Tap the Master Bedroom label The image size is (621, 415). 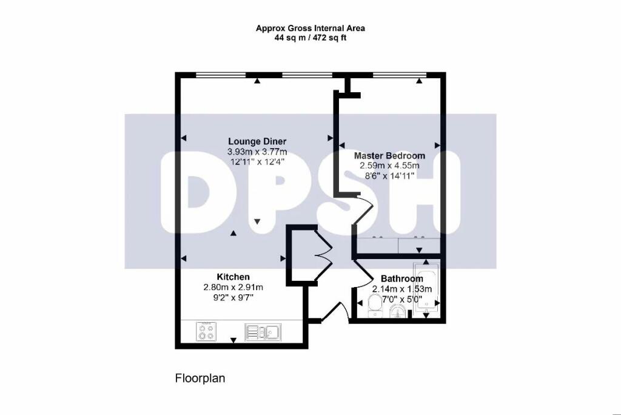389,156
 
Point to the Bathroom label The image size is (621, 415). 401,279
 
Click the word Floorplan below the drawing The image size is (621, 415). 200,379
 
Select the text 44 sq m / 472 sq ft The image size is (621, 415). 310,38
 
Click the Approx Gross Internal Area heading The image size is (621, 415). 310,28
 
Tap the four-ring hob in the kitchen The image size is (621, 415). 206,332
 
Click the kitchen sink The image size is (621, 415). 262,332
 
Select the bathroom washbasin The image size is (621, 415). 397,312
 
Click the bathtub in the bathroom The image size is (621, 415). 426,290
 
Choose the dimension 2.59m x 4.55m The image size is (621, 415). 389,166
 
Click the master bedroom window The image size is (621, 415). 398,75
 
